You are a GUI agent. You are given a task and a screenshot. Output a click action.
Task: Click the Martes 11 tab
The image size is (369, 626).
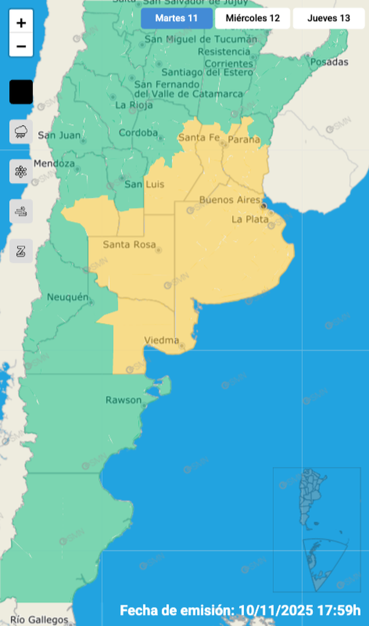pos(177,18)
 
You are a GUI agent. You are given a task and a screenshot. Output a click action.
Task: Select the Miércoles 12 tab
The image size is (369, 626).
pos(253,18)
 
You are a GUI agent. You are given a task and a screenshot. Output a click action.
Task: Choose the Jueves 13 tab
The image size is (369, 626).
pos(328,18)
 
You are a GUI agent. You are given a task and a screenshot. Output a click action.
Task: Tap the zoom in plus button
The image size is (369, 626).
pos(21,24)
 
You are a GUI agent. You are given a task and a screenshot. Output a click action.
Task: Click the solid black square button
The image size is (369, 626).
pos(21,92)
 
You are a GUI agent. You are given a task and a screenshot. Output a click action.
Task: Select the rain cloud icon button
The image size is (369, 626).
pos(21,131)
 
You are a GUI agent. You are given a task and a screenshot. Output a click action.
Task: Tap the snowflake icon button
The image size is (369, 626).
pos(21,171)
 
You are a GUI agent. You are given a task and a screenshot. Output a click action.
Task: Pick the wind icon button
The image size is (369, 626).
pos(21,211)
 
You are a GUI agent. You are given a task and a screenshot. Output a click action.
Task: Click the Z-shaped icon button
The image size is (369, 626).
pos(21,251)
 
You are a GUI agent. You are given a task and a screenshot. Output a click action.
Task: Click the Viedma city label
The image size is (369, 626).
pos(162,340)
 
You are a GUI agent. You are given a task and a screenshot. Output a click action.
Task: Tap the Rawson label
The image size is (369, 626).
pos(123,400)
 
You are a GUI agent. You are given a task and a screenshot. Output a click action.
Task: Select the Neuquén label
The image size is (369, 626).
pos(68,297)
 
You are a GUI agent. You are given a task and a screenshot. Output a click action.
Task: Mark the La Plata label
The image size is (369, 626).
pos(250,219)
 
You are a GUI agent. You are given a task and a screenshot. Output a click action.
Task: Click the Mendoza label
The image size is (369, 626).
pos(54,163)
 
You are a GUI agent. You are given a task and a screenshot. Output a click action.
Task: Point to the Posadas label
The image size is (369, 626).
pos(330,62)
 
